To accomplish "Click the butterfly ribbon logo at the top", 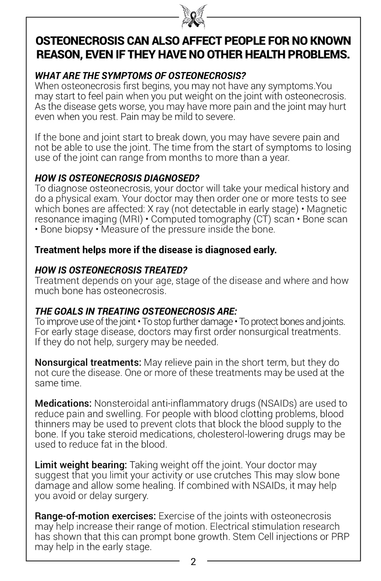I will pyautogui.click(x=193, y=16).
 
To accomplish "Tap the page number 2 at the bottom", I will pyautogui.click(x=193, y=562).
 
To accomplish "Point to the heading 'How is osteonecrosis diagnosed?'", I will pyautogui.click(x=117, y=178).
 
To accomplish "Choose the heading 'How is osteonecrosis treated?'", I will pyautogui.click(x=111, y=270).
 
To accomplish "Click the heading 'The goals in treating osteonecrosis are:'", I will pyautogui.click(x=136, y=311).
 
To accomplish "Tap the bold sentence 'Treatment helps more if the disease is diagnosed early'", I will pyautogui.click(x=156, y=250).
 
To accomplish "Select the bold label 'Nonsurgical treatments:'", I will pyautogui.click(x=88, y=362).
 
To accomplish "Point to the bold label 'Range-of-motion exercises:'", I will pyautogui.click(x=95, y=516).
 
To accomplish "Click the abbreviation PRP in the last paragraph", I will pyautogui.click(x=340, y=537).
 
